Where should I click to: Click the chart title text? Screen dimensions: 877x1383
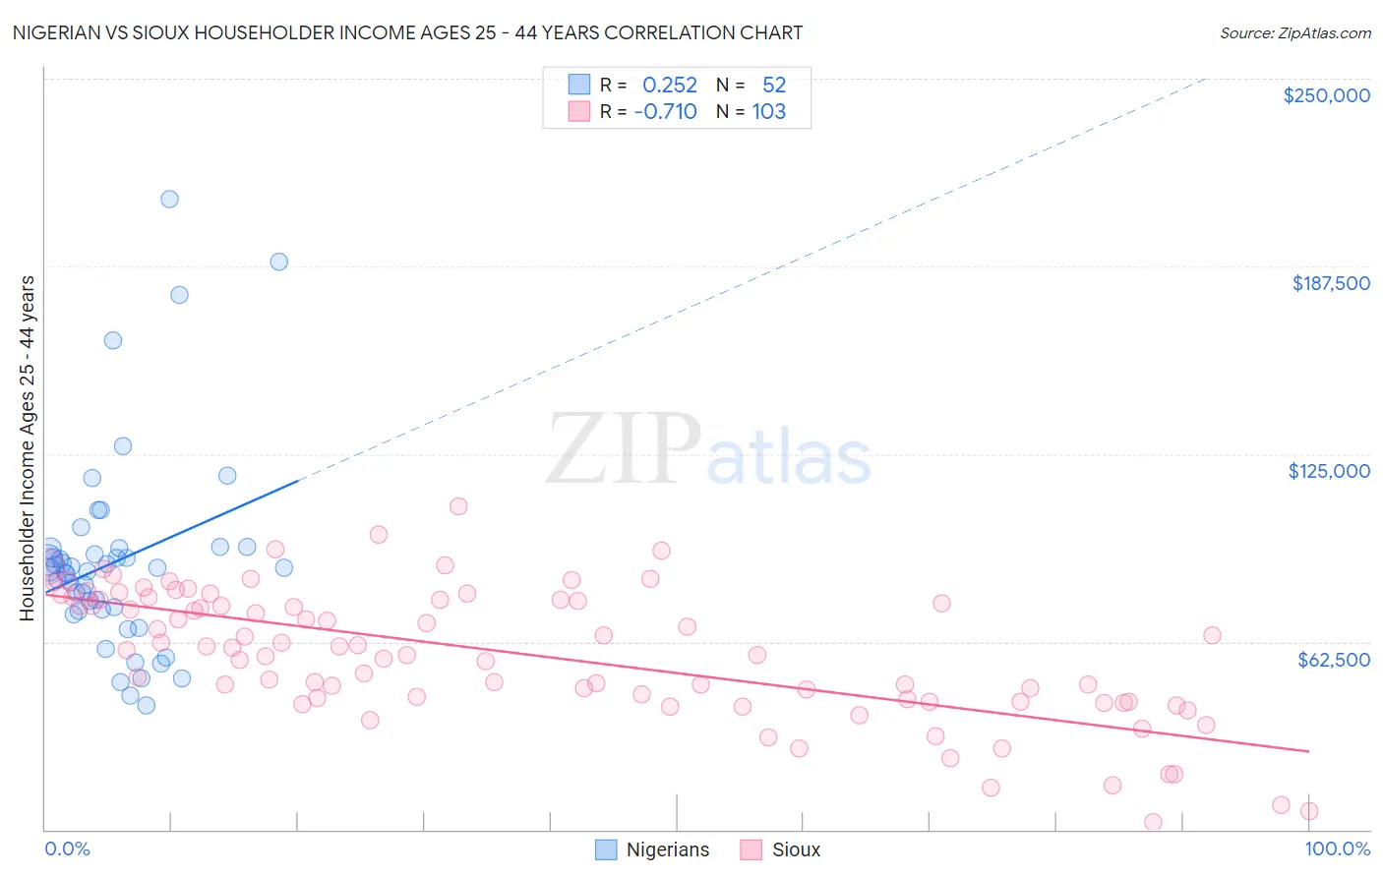[407, 32]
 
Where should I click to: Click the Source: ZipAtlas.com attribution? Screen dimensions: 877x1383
[1294, 32]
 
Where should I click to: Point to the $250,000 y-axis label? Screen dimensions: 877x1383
[1326, 95]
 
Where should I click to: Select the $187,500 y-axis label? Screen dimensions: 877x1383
[1330, 283]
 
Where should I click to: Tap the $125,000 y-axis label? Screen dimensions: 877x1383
[1329, 471]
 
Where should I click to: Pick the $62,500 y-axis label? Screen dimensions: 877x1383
[1333, 660]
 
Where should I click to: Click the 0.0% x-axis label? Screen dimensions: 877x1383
[67, 848]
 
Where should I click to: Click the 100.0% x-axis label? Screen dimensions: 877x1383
[1337, 848]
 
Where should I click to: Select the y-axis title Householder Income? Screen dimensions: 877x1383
[28, 447]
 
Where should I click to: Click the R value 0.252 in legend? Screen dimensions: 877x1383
[669, 86]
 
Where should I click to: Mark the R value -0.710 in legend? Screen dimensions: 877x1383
[666, 112]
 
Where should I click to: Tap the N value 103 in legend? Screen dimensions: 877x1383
[768, 112]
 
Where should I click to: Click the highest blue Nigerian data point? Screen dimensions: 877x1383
[169, 199]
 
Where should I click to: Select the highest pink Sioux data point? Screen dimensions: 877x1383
[458, 506]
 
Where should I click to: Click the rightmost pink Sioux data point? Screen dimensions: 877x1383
[1308, 811]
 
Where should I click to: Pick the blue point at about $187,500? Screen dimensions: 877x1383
[278, 262]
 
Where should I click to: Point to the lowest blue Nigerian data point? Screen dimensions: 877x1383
[146, 705]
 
